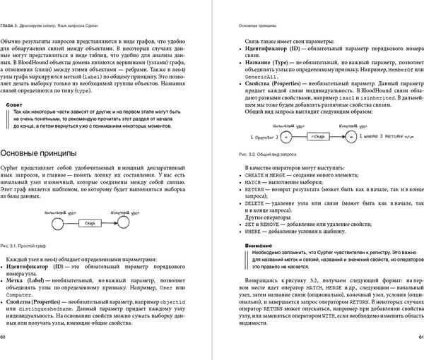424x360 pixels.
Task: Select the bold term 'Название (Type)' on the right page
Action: point(271,62)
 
